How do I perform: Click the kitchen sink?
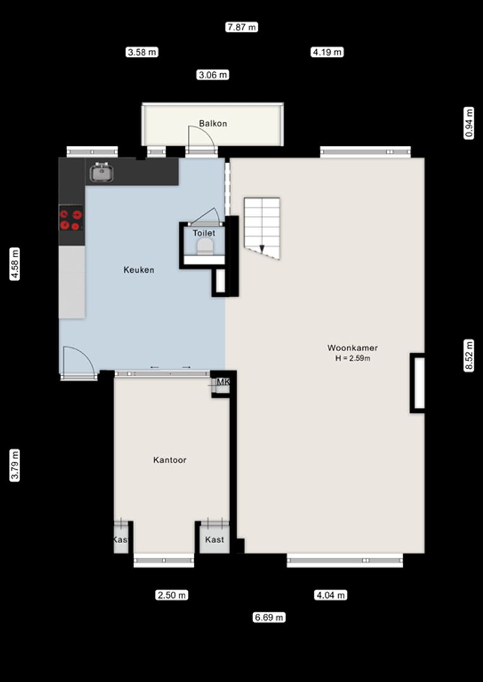[102, 172]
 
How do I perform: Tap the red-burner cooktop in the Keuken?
[71, 220]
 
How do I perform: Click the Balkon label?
[213, 124]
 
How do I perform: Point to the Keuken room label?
[139, 270]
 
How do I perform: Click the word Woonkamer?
[353, 348]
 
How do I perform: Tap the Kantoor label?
[170, 460]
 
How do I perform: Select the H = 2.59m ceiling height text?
[353, 359]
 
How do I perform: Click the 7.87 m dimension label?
[241, 27]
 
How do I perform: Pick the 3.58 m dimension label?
[142, 52]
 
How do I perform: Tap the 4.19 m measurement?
[327, 52]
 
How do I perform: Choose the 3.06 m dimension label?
[212, 75]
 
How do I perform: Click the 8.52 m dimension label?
[468, 355]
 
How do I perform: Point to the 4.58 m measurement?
[15, 263]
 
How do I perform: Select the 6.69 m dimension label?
[269, 617]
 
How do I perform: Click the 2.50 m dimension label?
[172, 595]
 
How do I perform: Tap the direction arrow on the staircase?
[262, 248]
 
